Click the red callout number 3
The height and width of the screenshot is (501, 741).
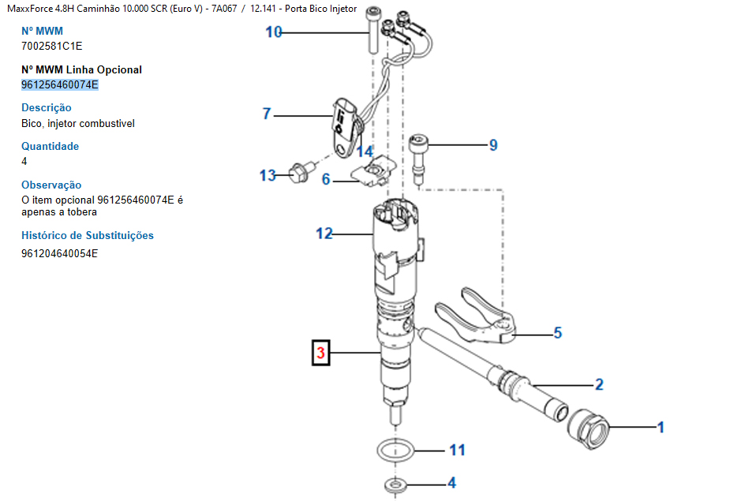pos(321,353)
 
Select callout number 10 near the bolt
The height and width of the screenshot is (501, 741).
pos(274,32)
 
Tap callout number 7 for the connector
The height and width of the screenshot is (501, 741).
pos(267,114)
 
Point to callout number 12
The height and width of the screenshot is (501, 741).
pos(324,234)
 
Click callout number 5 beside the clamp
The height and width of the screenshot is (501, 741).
pos(557,333)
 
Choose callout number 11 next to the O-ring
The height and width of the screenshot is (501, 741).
pos(457,451)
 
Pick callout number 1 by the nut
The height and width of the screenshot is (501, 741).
pos(661,428)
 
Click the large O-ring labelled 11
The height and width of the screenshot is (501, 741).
pos(394,452)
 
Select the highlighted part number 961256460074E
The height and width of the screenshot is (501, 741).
pos(60,84)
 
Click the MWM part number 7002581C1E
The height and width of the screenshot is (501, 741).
pos(51,46)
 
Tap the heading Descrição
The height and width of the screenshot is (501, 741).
pos(47,107)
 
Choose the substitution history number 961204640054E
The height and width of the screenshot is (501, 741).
pos(60,253)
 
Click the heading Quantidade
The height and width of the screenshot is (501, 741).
pos(51,146)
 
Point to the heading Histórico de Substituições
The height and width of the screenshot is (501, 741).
pos(88,235)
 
